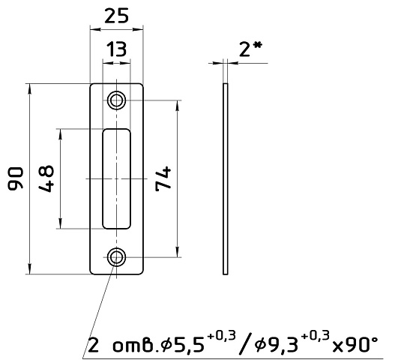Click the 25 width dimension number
116,16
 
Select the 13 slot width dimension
116,49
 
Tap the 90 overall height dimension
16,178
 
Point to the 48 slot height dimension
46,178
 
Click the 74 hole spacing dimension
163,178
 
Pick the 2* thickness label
250,49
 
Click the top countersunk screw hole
116,100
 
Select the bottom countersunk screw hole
116,257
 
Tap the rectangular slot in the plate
116,178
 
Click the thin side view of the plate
226,178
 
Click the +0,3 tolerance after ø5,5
222,335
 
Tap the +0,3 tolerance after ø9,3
316,335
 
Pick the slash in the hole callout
244,344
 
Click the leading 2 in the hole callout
94,345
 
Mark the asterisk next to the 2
257,46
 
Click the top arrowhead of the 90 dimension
30,88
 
